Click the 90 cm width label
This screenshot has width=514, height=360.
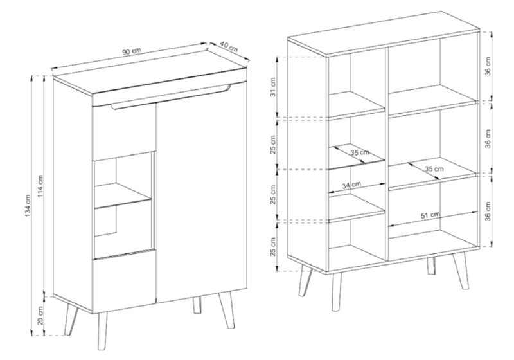(x=132, y=51)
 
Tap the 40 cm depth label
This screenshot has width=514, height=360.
(x=228, y=47)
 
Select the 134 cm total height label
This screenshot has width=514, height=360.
(x=28, y=206)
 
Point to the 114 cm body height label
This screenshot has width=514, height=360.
(x=40, y=186)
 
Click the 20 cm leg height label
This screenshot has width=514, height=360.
(x=40, y=315)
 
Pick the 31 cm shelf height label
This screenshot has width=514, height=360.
(x=273, y=87)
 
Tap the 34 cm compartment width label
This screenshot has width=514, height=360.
(x=351, y=185)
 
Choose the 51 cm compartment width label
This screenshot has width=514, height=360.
(x=430, y=215)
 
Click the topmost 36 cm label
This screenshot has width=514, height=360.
(x=488, y=66)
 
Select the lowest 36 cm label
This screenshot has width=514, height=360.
(x=488, y=211)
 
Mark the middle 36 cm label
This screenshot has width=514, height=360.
(x=488, y=139)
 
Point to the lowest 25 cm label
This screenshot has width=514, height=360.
(x=273, y=246)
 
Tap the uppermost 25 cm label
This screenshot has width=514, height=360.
(x=273, y=144)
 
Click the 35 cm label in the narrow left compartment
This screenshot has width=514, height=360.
(x=360, y=152)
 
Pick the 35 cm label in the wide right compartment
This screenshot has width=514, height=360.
(x=434, y=169)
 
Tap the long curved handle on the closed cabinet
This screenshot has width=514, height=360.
(x=170, y=98)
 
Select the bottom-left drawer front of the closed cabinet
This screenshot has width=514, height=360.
(x=124, y=281)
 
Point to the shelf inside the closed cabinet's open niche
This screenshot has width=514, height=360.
(x=123, y=195)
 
